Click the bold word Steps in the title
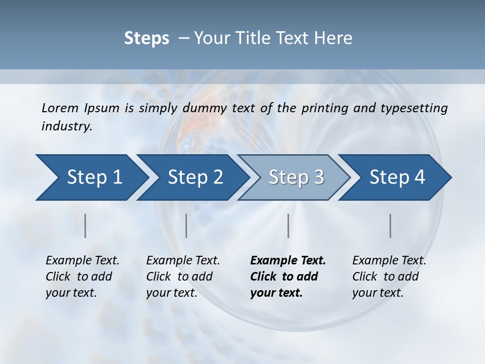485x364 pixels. point(147,38)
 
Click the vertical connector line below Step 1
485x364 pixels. point(85,225)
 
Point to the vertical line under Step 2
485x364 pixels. point(186,225)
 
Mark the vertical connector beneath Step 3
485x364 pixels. point(288,225)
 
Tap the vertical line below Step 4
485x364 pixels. point(390,225)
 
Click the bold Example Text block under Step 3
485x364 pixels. point(287,277)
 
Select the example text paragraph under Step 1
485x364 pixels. point(82,277)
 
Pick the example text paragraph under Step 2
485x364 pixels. point(182,277)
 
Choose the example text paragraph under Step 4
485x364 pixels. point(389,277)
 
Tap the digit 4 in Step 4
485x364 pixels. point(419,177)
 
